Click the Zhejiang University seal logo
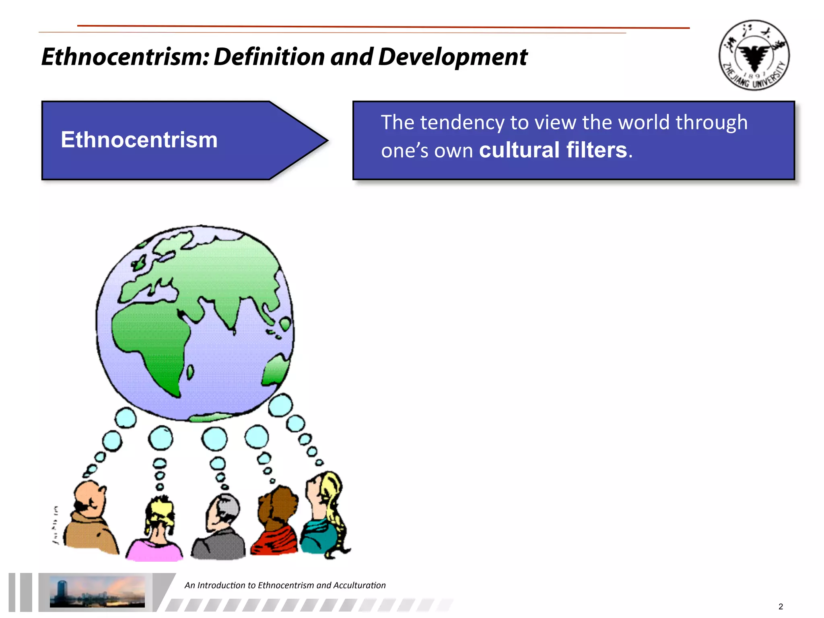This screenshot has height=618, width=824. (754, 55)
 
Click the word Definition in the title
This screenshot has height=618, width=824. (269, 57)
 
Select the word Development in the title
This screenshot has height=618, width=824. (452, 57)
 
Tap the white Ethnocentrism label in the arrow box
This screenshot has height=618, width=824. (139, 140)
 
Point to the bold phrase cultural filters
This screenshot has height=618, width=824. (553, 150)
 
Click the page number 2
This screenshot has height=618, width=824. (781, 606)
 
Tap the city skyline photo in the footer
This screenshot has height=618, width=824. (97, 591)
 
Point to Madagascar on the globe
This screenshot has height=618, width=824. (190, 372)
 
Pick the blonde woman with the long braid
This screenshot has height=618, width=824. (325, 515)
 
